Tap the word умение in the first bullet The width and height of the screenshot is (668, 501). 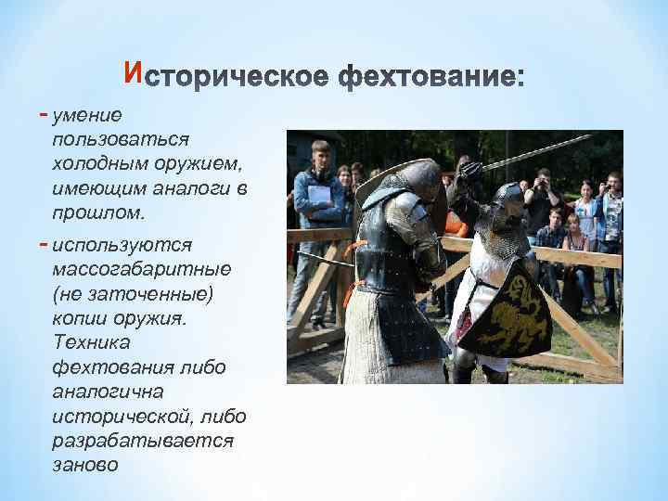pyautogui.click(x=88, y=115)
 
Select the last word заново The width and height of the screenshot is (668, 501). pyautogui.click(x=87, y=464)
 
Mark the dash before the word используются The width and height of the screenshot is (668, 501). pyautogui.click(x=46, y=244)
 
